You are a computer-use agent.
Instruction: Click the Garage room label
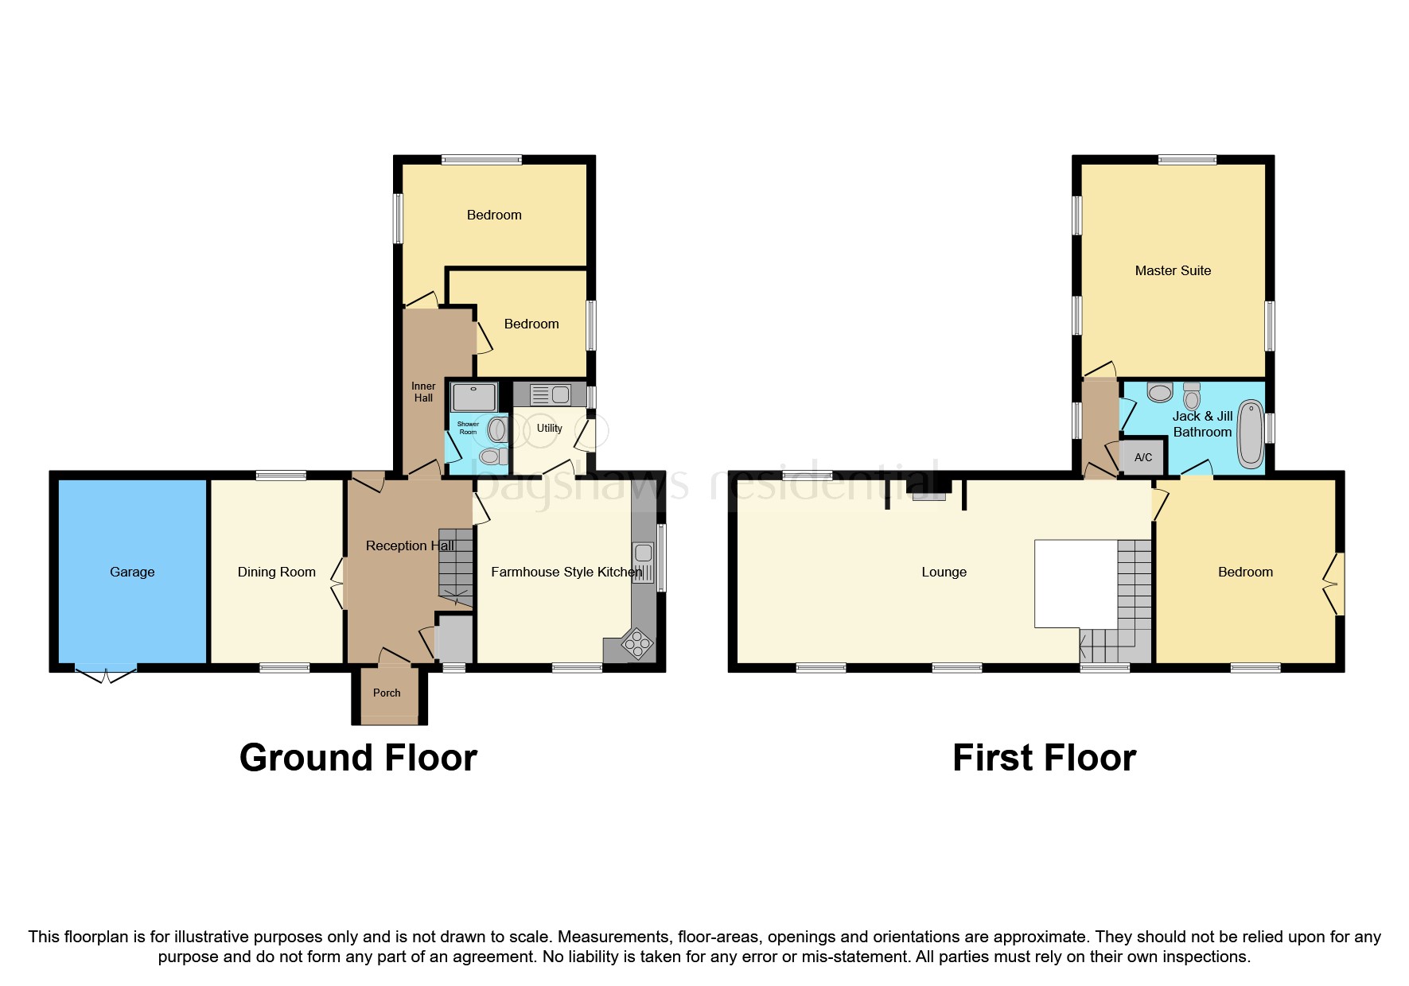coord(132,572)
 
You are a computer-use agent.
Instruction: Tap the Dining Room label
coord(276,572)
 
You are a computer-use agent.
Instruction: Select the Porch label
coord(387,693)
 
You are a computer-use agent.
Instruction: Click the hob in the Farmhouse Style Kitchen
coord(637,644)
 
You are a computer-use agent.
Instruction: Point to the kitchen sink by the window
coord(643,562)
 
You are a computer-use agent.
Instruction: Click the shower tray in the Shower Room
coord(474,397)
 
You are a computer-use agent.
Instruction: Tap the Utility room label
coord(549,428)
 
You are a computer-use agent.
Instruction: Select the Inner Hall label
coord(423,392)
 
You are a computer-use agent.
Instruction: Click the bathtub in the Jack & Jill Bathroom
coord(1251,434)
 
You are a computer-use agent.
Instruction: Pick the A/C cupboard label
coord(1142,457)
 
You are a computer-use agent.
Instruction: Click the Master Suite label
coord(1173,270)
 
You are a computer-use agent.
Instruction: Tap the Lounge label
coord(944,572)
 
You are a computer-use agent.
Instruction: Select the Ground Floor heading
coord(358,758)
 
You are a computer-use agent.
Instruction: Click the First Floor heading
coord(1044,758)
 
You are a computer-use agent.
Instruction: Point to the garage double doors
coord(106,674)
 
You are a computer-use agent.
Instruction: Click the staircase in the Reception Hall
coord(457,565)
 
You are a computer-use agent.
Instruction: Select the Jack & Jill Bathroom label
coord(1202,424)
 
